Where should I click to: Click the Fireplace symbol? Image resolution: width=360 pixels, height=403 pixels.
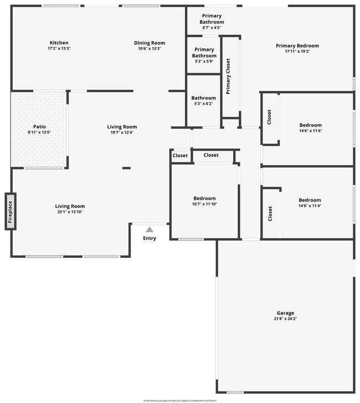[x=10, y=211]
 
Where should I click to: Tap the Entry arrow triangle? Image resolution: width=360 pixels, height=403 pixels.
[x=150, y=229]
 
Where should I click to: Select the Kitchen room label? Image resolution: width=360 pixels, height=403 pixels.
[x=59, y=43]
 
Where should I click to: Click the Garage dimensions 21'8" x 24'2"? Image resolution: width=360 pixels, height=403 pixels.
[x=286, y=319]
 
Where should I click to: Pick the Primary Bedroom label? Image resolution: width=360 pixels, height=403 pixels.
[x=297, y=45]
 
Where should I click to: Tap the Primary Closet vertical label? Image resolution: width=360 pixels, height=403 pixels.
[x=228, y=76]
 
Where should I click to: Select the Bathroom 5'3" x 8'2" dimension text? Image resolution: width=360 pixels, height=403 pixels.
[x=204, y=104]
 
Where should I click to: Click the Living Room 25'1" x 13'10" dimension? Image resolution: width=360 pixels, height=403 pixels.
[x=71, y=212]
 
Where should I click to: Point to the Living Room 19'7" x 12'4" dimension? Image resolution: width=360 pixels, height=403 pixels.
[x=122, y=132]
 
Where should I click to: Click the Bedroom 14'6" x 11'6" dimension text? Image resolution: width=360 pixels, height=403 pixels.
[x=310, y=131]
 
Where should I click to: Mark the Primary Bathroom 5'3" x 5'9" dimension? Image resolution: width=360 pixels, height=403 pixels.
[x=204, y=62]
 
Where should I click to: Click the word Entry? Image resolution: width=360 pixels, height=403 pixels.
[x=150, y=238]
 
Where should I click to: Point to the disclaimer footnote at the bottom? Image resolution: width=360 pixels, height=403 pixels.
[x=180, y=400]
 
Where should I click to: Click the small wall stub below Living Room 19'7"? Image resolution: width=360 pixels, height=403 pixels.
[x=126, y=168]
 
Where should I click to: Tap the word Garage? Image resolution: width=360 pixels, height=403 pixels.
[x=286, y=313]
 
